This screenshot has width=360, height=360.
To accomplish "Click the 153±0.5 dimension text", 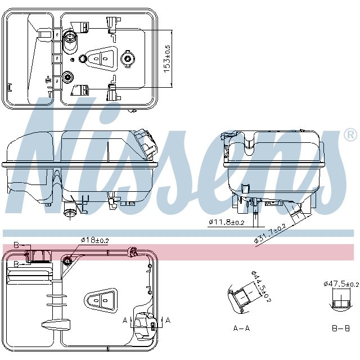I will pos(167,58).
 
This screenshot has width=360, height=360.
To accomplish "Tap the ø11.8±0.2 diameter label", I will pos(227,222).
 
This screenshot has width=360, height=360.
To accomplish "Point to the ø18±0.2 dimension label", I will pos(95,240).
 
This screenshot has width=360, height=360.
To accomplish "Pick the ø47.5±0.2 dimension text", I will pos(339,283).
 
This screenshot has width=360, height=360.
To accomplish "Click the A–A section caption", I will pos(242,328).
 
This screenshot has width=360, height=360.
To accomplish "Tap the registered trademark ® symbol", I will pos(349,135).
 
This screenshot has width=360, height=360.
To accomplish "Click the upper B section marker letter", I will pos(16,245).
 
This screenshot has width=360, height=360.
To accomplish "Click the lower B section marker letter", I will pos(16,263).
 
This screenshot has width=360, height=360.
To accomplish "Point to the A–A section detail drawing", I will pos(241,298).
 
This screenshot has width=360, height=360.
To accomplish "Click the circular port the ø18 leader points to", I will pos(67,260).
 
